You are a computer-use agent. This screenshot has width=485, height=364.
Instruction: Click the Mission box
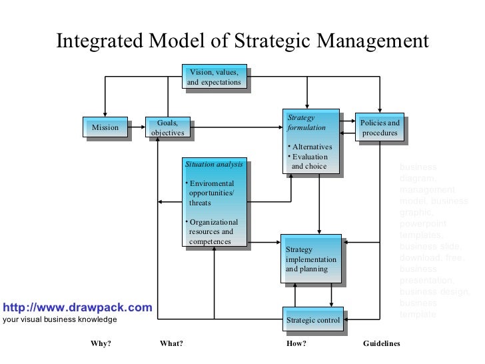coord(105,127)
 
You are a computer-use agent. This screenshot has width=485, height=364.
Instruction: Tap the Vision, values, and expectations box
coord(213,77)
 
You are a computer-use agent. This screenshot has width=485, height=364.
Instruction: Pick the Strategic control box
coord(313,321)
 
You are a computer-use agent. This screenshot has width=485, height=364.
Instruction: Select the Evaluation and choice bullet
coord(309,161)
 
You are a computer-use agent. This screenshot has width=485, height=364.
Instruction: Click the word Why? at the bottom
coord(101,344)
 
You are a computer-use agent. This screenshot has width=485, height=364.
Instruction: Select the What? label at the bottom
coord(171,344)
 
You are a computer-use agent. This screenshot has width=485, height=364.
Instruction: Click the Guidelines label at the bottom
coord(381,344)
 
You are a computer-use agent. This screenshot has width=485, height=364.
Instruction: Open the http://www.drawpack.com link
coord(77,307)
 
